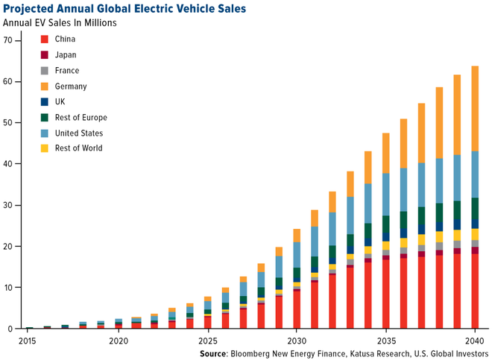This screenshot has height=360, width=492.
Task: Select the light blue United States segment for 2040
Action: tap(475, 174)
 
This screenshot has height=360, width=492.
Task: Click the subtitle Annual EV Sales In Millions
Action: tap(60, 22)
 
